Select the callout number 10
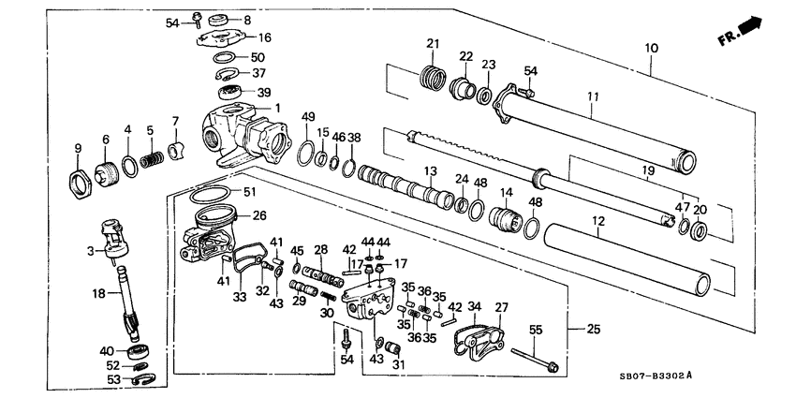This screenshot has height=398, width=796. point(652,47)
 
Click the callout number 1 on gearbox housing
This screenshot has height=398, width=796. point(277,109)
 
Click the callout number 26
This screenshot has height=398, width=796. point(259,214)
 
